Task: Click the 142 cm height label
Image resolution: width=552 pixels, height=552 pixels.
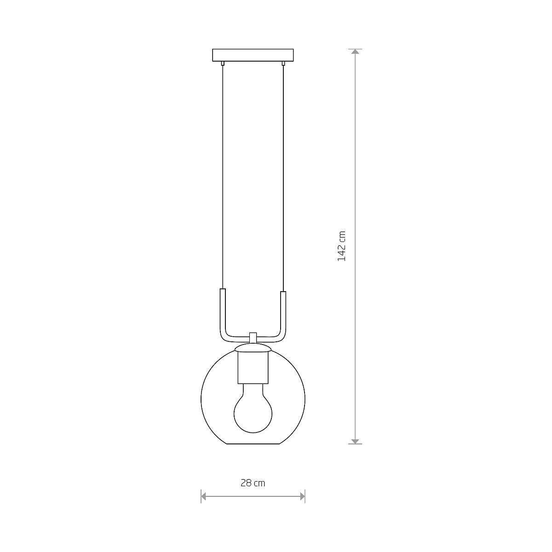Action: pyautogui.click(x=341, y=246)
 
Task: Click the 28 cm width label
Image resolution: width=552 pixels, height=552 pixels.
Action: pyautogui.click(x=253, y=483)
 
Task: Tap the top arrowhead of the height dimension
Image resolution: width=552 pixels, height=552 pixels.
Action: pyautogui.click(x=355, y=52)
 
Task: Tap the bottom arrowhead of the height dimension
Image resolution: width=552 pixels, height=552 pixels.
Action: pyautogui.click(x=355, y=441)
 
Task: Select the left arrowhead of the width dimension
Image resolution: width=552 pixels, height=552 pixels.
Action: pyautogui.click(x=204, y=496)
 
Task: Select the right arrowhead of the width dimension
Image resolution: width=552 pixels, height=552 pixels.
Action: pyautogui.click(x=302, y=496)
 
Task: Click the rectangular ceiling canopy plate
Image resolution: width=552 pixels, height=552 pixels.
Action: pyautogui.click(x=253, y=55)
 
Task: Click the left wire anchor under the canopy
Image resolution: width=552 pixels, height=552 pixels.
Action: pyautogui.click(x=223, y=63)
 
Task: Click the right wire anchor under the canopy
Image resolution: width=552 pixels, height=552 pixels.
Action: pyautogui.click(x=283, y=63)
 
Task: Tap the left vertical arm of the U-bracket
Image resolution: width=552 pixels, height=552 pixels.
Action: pyautogui.click(x=222, y=310)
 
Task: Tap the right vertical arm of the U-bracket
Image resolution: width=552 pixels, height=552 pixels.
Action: pyautogui.click(x=283, y=310)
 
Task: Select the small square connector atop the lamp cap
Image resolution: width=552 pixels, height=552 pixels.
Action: pyautogui.click(x=252, y=337)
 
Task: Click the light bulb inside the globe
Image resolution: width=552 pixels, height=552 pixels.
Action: pyautogui.click(x=252, y=412)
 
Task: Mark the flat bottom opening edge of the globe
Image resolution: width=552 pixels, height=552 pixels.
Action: pyautogui.click(x=253, y=444)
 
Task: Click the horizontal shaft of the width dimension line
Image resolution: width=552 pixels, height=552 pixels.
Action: pyautogui.click(x=253, y=496)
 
